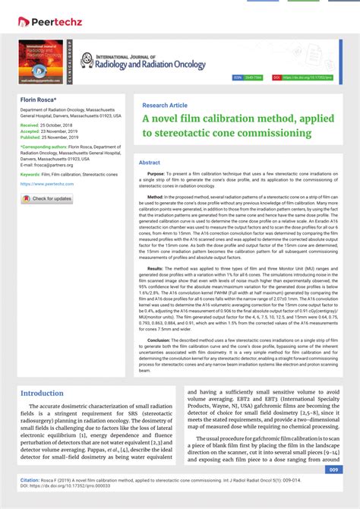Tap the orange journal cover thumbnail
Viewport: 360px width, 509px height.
tap(42, 61)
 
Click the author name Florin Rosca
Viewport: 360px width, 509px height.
tap(40, 100)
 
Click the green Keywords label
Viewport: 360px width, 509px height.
tap(31, 174)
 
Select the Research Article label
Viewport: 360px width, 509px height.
tap(165, 105)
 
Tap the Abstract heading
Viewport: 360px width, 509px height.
tap(150, 163)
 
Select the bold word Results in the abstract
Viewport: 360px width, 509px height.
tap(155, 268)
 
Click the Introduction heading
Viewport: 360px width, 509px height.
tap(42, 394)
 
